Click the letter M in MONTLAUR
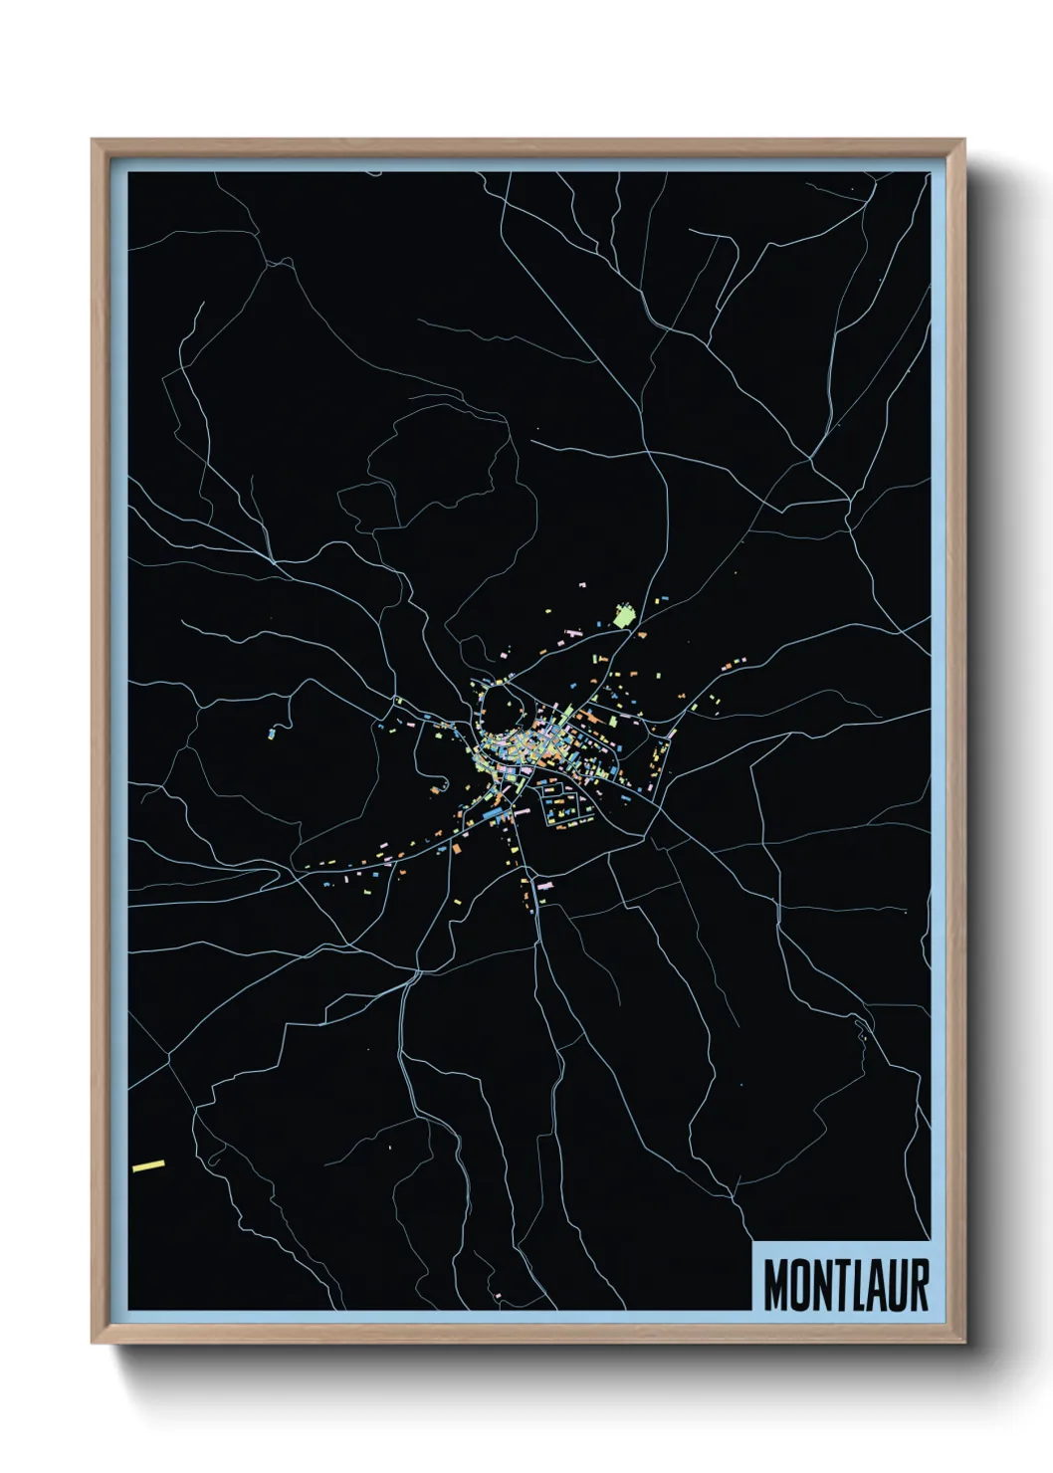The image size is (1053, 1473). pyautogui.click(x=775, y=1285)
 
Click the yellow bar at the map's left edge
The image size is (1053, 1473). pyautogui.click(x=148, y=1164)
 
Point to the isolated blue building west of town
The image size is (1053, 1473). pyautogui.click(x=271, y=735)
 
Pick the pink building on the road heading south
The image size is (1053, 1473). pyautogui.click(x=543, y=883)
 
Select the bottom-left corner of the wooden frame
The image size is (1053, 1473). pyautogui.click(x=94, y=1341)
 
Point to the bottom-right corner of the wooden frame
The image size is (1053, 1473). pyautogui.click(x=962, y=1341)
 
